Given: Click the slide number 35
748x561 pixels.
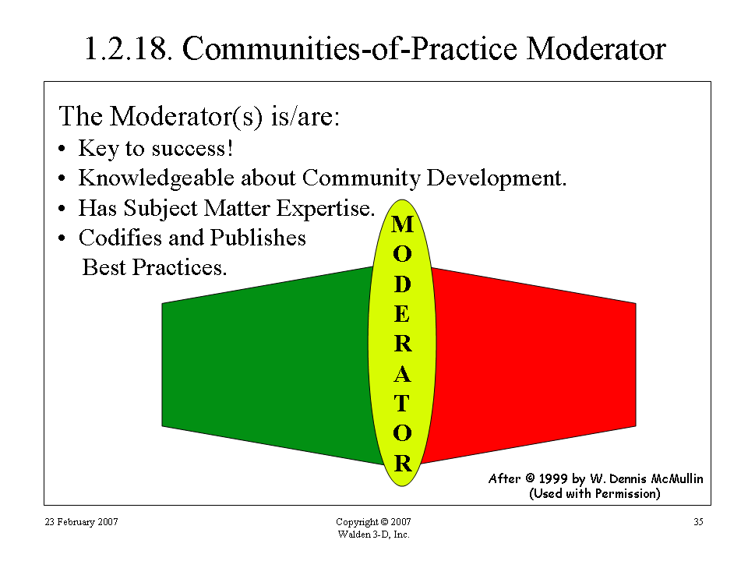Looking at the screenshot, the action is (698, 522).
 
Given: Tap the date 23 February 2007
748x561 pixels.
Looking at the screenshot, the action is (82, 522).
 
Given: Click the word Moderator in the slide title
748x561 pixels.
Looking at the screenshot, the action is (596, 48).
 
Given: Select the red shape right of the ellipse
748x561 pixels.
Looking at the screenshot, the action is (530, 365).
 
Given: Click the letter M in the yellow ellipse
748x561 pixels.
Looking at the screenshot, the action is (402, 224).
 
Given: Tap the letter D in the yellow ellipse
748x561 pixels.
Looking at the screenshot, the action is (402, 284).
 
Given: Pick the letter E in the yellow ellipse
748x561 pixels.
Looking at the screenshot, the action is (402, 314).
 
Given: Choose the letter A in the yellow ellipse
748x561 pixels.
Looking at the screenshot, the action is (402, 374).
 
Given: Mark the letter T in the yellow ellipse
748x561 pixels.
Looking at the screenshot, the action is (402, 404).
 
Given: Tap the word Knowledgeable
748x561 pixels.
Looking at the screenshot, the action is (157, 178).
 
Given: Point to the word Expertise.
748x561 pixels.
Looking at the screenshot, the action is (326, 209).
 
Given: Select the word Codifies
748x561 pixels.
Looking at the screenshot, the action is (120, 238).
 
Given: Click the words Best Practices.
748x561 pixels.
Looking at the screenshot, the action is (154, 267).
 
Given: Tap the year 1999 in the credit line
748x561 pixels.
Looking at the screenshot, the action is (553, 478).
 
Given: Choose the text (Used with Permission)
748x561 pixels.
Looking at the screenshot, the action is (595, 493).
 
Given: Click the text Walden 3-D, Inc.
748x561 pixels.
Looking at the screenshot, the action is (373, 535).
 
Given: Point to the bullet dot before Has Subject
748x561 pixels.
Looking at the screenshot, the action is (62, 209).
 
